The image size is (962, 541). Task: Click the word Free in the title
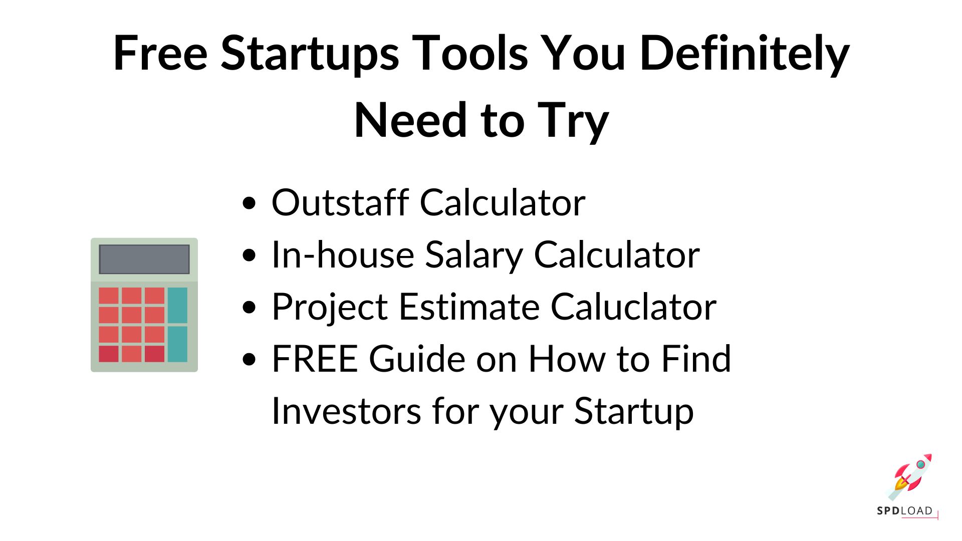160,53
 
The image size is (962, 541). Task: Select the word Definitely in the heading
745,53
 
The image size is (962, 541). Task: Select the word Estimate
469,307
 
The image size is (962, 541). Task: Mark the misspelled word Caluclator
633,307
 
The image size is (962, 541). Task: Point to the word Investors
346,411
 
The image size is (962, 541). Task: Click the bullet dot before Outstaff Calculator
249,203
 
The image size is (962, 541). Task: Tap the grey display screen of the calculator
144,259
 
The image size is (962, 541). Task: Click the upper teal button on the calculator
177,305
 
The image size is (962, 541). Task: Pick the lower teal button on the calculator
177,344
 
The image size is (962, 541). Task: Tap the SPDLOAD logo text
905,511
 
